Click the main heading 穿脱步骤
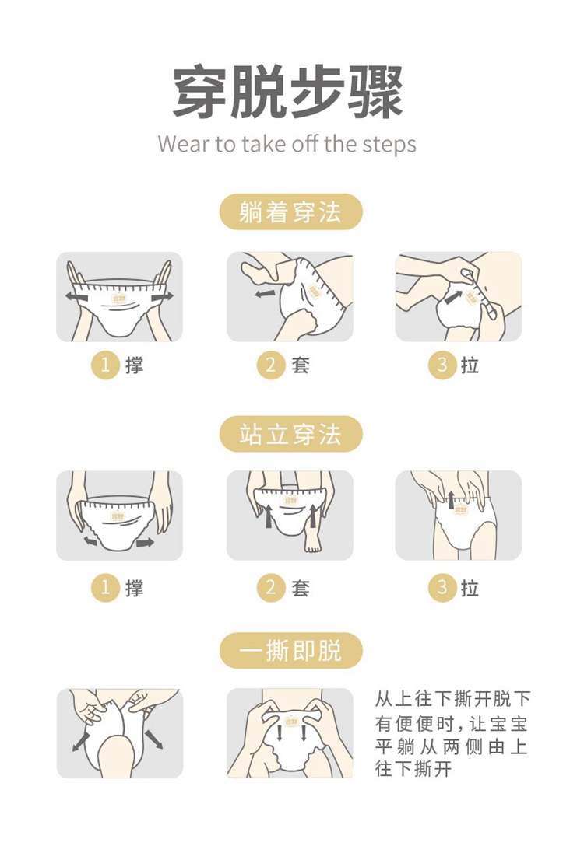(x=287, y=92)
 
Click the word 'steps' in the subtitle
(x=389, y=145)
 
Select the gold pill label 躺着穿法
(x=290, y=212)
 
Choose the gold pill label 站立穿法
(x=290, y=434)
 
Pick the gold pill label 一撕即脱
(x=290, y=651)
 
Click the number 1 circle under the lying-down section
(x=105, y=365)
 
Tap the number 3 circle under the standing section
(x=442, y=587)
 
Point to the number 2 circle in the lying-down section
(x=271, y=365)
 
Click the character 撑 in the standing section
(x=135, y=588)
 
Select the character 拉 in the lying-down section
(x=470, y=365)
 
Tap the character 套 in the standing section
(x=301, y=588)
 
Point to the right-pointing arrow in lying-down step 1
(x=162, y=297)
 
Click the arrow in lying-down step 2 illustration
(x=266, y=294)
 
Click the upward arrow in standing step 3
(x=451, y=500)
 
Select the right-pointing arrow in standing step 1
(x=145, y=543)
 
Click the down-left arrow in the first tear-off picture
(x=81, y=741)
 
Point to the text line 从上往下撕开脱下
(x=453, y=700)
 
